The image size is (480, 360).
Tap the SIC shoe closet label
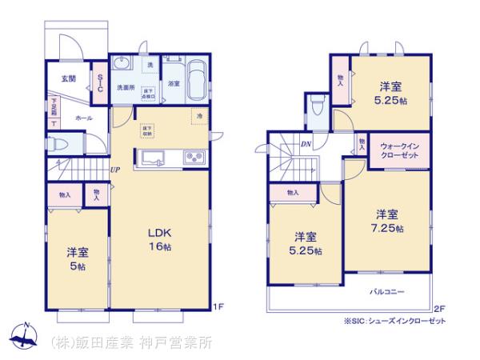pos(100,82)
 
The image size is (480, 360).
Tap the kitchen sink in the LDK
pos(152,157)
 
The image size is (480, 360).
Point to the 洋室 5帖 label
pos(78,258)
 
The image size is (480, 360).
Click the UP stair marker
pos(115,170)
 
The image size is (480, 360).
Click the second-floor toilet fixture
pos(318,106)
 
